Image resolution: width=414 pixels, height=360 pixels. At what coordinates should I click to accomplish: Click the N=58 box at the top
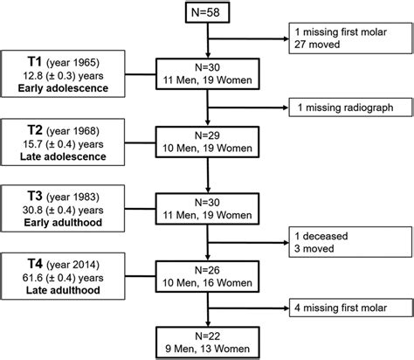(207, 15)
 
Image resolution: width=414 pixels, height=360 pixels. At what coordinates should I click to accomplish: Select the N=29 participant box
(207, 142)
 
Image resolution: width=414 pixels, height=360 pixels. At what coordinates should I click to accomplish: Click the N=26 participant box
(207, 272)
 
